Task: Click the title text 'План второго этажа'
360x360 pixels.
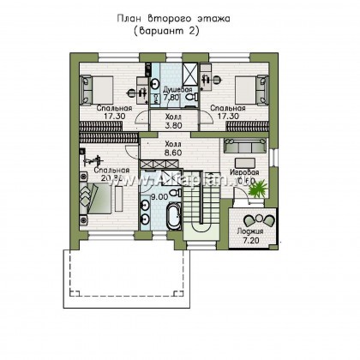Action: click(180, 16)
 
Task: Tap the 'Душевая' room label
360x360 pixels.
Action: click(172, 87)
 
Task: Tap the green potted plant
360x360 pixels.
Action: click(255, 186)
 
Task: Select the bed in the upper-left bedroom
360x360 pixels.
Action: click(97, 87)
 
